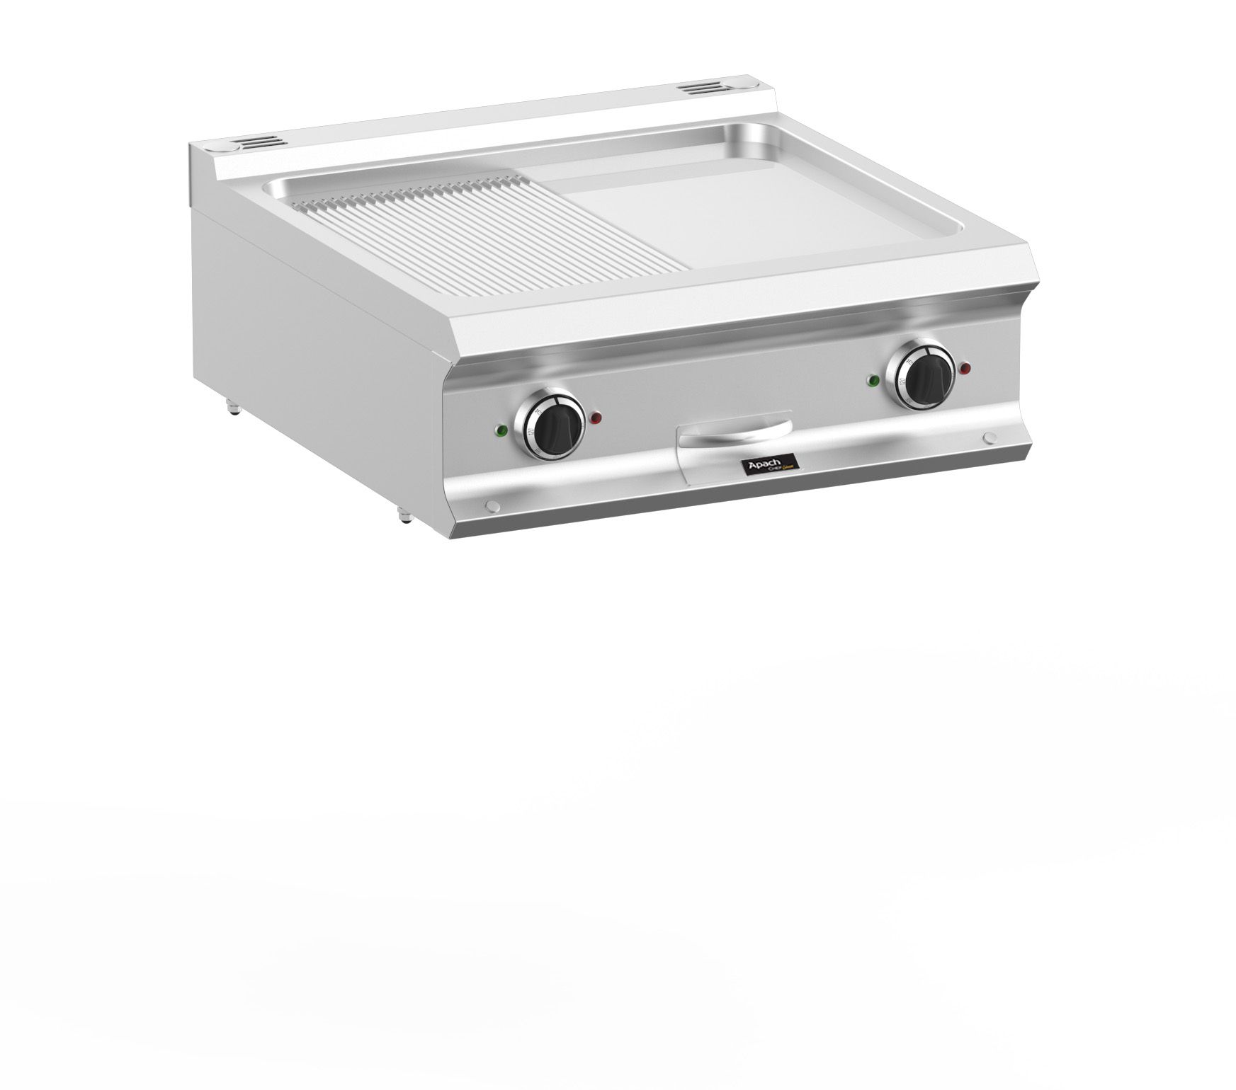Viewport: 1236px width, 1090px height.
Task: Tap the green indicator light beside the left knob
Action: [501, 429]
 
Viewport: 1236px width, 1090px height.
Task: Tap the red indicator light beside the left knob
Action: [596, 417]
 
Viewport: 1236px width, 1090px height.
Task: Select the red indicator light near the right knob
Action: [965, 368]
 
